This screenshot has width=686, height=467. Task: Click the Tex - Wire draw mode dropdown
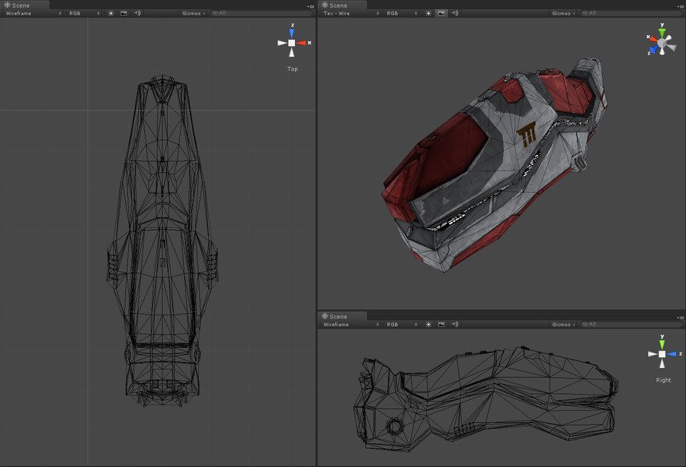(351, 13)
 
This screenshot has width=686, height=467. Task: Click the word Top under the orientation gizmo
(292, 69)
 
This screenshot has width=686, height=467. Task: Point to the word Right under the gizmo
(663, 380)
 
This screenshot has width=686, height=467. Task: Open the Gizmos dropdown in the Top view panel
(194, 13)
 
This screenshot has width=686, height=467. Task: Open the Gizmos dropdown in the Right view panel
(563, 325)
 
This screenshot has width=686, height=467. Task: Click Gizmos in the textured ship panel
(563, 13)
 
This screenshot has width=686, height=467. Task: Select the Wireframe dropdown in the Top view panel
(34, 13)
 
